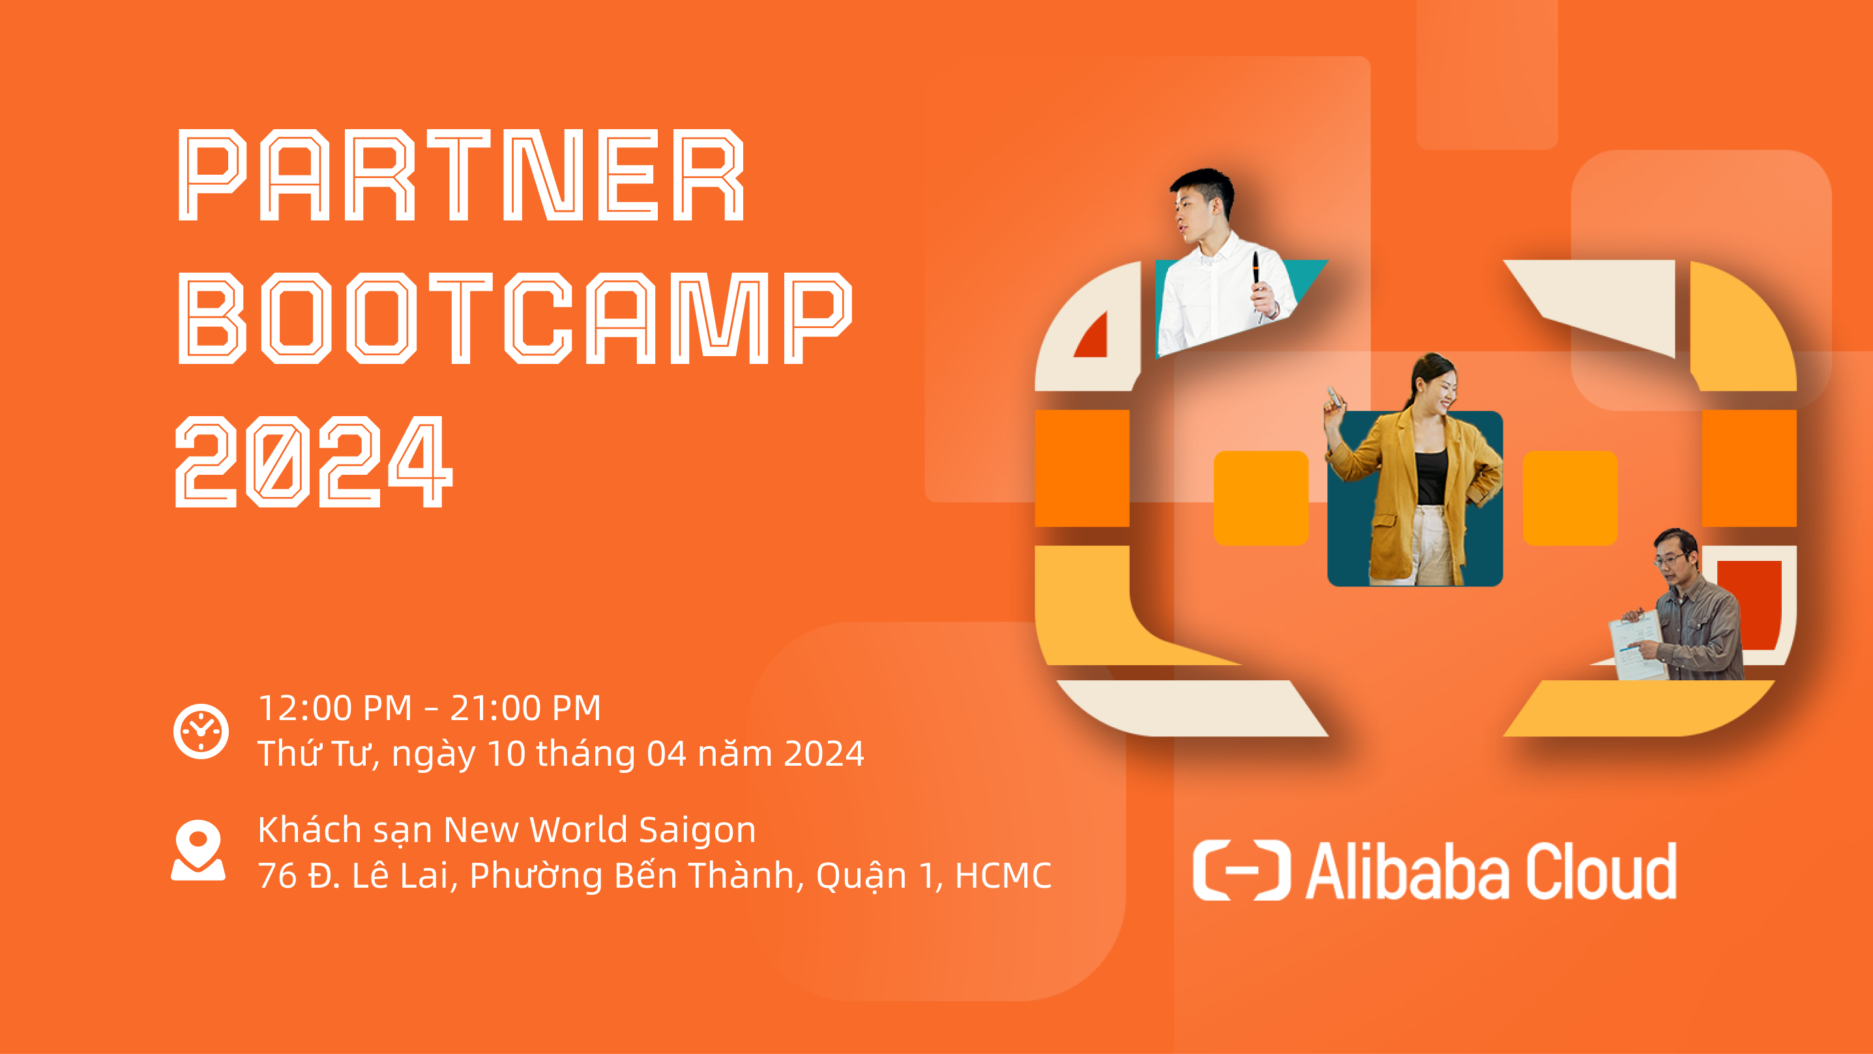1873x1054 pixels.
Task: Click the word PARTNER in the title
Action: (x=461, y=175)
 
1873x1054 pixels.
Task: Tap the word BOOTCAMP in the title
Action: (x=514, y=318)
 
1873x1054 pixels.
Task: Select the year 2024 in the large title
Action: (x=314, y=461)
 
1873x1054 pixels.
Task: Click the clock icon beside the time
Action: (x=201, y=731)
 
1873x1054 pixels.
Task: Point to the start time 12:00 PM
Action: (x=335, y=708)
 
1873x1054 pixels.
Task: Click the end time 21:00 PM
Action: (x=525, y=708)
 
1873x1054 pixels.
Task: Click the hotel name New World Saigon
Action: (x=599, y=830)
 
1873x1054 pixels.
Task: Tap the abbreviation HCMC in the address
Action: (x=1003, y=875)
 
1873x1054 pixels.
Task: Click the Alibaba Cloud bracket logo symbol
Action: (x=1241, y=870)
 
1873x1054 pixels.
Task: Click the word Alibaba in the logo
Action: (x=1407, y=871)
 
